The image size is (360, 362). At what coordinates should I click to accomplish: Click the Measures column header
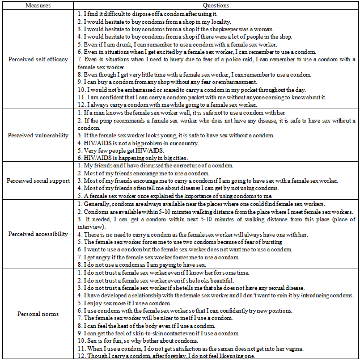click(x=37, y=5)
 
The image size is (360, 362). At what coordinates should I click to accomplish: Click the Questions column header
click(x=216, y=5)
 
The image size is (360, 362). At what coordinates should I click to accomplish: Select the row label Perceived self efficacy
click(x=37, y=59)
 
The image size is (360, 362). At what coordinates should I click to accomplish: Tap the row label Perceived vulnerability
click(x=37, y=136)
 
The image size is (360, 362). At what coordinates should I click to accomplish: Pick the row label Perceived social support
click(x=37, y=180)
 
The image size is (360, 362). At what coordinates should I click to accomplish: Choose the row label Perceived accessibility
click(x=37, y=233)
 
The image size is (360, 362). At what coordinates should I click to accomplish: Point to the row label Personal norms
click(x=37, y=314)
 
